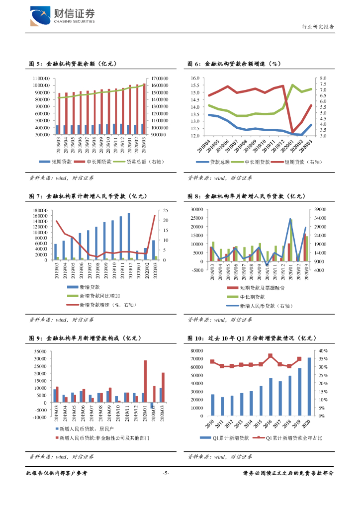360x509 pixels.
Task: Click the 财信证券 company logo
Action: pyautogui.click(x=62, y=15)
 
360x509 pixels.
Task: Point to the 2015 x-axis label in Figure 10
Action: pyautogui.click(x=261, y=424)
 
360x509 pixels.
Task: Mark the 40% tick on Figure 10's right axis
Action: pyautogui.click(x=324, y=351)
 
